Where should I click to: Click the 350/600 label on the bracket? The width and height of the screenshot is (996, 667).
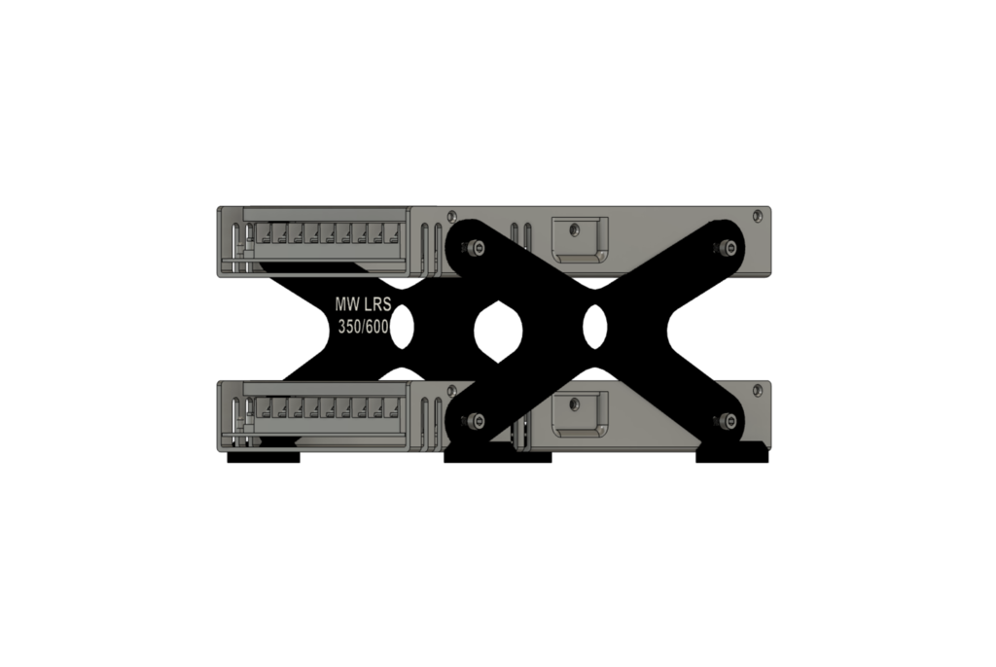[x=363, y=328]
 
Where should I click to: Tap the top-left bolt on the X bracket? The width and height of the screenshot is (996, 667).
[x=474, y=248]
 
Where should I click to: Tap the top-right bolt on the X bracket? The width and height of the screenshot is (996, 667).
[x=725, y=248]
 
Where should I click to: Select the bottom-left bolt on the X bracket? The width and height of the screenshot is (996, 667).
[x=474, y=421]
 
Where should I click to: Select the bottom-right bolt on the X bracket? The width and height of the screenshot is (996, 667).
[x=725, y=421]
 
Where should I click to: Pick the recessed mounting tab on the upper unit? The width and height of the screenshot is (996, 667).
[x=579, y=236]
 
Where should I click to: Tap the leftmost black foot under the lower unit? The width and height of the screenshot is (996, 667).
[x=264, y=457]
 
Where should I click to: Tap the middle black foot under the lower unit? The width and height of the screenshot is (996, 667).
[x=497, y=456]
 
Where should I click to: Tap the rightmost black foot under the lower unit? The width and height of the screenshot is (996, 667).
[x=731, y=455]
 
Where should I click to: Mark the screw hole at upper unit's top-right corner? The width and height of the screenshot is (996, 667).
[x=758, y=215]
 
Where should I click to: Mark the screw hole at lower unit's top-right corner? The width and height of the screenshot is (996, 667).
[x=758, y=390]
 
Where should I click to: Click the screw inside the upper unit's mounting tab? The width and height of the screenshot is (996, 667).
[x=574, y=229]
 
